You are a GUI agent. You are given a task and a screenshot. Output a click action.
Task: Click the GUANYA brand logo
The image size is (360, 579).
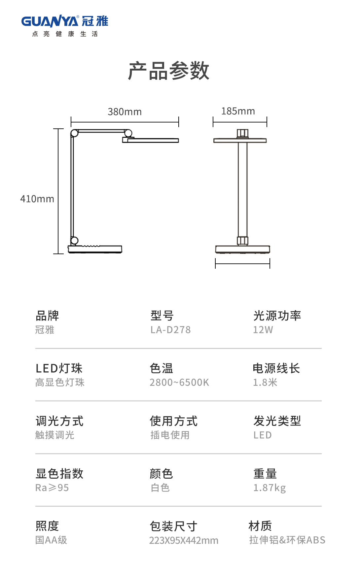pos(65,21)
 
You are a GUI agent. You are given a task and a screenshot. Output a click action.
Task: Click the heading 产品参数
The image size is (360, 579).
pos(169,71)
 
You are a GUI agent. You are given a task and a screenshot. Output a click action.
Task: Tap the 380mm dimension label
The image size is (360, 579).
pos(125,112)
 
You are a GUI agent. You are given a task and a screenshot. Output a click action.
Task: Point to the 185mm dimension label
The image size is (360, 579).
pos(238,111)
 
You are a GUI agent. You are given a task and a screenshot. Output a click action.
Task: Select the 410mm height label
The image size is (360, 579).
pos(37,199)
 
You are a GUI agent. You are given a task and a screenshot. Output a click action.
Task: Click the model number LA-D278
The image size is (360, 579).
pos(170,330)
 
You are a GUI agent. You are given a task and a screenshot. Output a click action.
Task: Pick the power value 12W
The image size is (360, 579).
pos(263,330)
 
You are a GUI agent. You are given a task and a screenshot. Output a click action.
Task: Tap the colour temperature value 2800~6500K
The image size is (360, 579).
pos(179,382)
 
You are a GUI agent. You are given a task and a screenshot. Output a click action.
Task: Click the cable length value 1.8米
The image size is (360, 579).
pos(265,382)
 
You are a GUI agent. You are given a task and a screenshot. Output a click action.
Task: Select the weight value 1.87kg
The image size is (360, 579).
pos(269,488)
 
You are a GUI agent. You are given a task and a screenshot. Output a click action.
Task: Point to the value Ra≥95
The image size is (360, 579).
pos(52,488)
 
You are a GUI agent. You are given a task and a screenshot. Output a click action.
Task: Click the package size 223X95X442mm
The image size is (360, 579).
pos(184,540)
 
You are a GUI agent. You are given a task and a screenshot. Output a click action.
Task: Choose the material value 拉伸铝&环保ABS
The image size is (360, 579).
pos(287,540)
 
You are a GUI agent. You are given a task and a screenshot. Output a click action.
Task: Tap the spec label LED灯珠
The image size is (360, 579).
pos(59,368)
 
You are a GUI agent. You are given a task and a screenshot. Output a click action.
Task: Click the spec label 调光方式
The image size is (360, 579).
pos(59,421)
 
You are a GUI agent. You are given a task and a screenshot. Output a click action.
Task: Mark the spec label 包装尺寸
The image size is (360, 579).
pos(173,526)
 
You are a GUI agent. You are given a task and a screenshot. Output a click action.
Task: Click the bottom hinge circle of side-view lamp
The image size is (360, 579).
pos(74,240)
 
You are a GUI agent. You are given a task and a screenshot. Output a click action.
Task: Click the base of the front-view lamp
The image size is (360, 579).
pos(242,249)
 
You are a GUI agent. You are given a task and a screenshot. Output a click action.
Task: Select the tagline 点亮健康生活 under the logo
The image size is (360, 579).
pos(65,34)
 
